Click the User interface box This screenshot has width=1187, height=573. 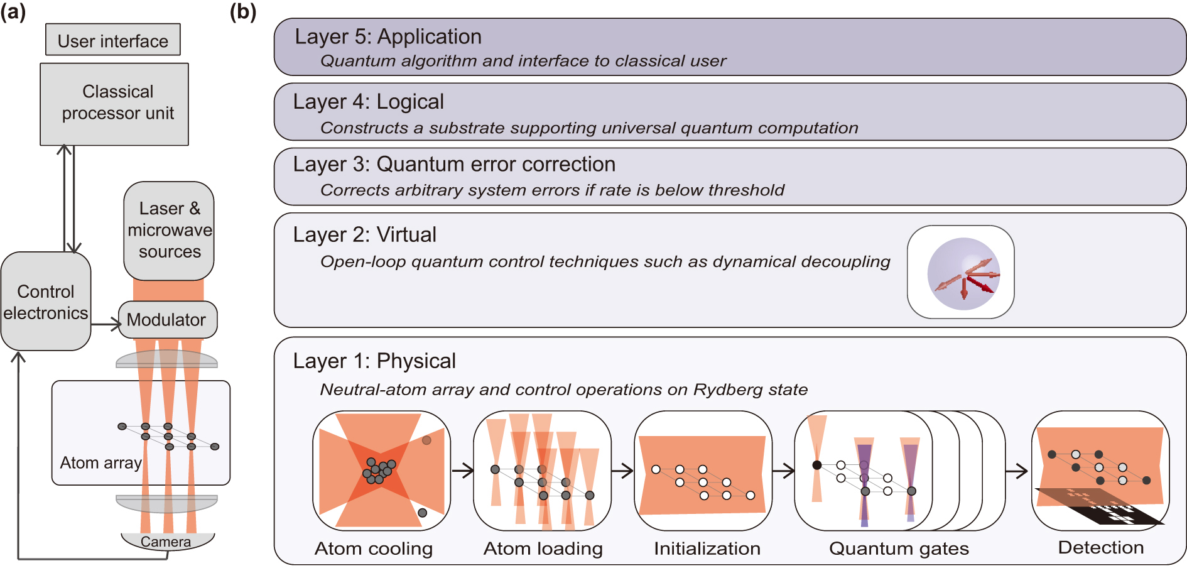tap(113, 40)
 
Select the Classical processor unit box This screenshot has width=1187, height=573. tap(114, 104)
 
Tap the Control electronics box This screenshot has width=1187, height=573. tap(45, 302)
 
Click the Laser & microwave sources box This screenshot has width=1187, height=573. tap(169, 230)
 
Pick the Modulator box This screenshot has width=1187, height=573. tap(167, 320)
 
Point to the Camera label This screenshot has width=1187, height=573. tap(166, 542)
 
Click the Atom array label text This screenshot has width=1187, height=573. tap(100, 463)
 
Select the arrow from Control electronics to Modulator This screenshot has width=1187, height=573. tap(106, 325)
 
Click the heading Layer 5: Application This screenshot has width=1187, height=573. tap(388, 36)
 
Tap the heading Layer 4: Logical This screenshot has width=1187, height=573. tap(368, 102)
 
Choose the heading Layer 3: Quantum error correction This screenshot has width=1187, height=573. tap(453, 165)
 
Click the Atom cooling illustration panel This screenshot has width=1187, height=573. tap(381, 471)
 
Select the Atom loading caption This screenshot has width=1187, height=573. tap(543, 548)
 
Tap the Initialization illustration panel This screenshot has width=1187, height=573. tap(702, 471)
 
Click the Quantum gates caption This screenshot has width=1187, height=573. tap(899, 548)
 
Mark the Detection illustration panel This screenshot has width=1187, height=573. tap(1100, 471)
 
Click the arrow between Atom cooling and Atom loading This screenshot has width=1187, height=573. tap(463, 471)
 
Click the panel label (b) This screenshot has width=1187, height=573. tap(242, 11)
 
